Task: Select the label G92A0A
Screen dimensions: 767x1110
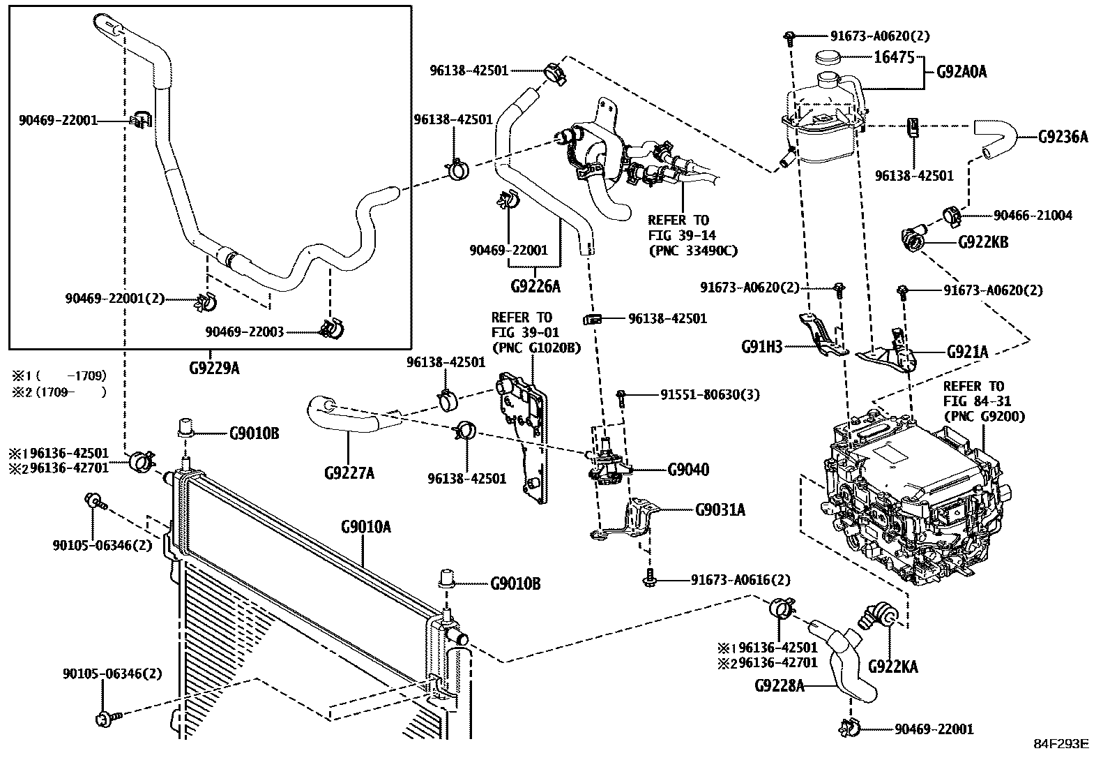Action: click(961, 71)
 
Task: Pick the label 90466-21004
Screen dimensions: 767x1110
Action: click(1033, 216)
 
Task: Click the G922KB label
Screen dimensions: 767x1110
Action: click(983, 243)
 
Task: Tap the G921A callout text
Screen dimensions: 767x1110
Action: click(967, 352)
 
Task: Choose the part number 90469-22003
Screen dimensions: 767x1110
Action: click(245, 332)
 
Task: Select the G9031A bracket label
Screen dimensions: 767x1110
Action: click(720, 510)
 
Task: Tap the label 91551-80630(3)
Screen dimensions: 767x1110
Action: click(710, 395)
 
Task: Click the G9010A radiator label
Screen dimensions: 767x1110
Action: click(365, 527)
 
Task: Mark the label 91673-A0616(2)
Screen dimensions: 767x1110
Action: click(740, 580)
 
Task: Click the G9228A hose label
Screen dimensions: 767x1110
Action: click(779, 686)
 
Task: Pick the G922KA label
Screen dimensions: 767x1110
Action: click(892, 667)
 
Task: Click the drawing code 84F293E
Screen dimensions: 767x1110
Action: click(1060, 744)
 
